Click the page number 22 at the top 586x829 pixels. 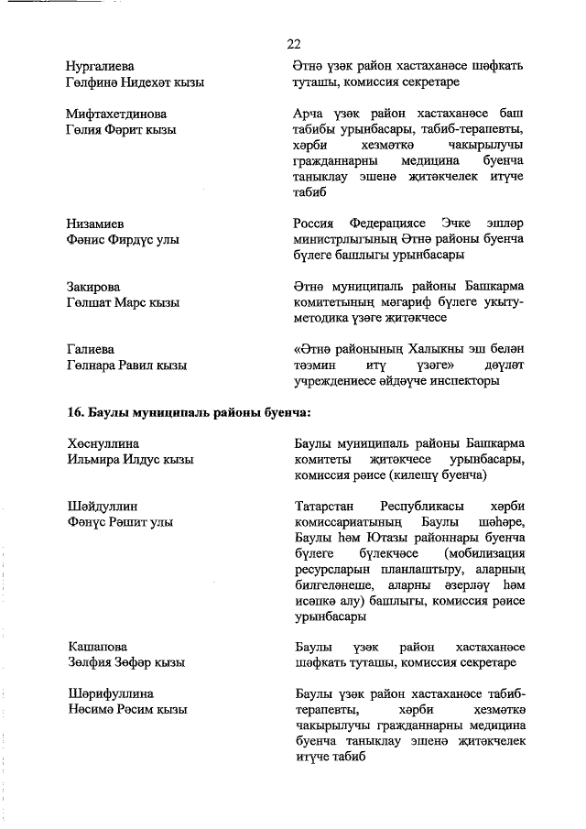tap(294, 43)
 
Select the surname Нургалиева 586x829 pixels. tap(100, 67)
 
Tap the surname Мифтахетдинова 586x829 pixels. tap(116, 115)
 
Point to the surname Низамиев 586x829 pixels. tap(95, 224)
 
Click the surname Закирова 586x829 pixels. tap(93, 287)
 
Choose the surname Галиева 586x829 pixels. tap(90, 350)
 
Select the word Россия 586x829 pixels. tap(317, 224)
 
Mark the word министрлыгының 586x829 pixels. tap(349, 239)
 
